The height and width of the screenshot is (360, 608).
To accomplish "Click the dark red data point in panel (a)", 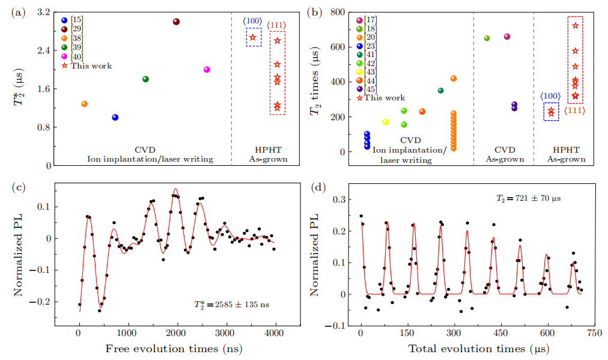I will [176, 22].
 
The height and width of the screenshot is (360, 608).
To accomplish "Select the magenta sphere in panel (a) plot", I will [207, 69].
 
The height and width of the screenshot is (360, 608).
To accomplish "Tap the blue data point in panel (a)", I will [115, 117].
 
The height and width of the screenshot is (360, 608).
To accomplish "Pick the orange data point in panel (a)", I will [84, 104].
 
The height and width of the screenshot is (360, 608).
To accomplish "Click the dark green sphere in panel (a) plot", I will [145, 79].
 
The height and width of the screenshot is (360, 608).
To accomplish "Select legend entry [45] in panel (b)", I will [371, 89].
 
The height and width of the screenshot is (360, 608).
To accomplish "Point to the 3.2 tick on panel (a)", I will [44, 12].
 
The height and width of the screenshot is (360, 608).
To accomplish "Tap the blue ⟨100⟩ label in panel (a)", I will [252, 22].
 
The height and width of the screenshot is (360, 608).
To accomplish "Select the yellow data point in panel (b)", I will [386, 122].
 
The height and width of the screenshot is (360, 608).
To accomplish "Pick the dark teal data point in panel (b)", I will [440, 91].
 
